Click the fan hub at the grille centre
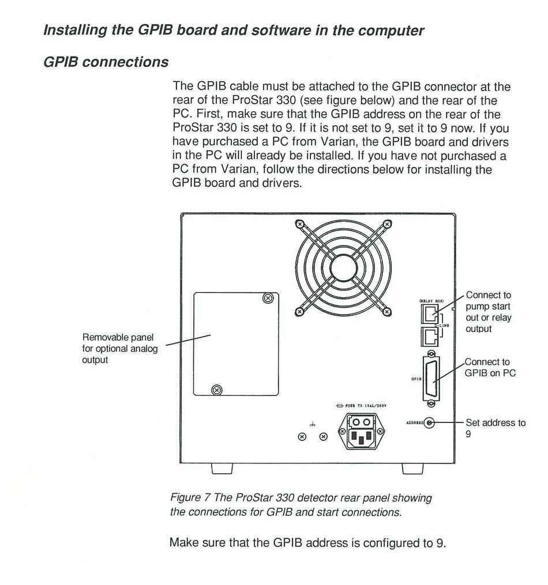coord(343,267)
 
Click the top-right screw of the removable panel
coord(267,297)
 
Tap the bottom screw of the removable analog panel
coord(217,390)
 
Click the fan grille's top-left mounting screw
coord(299,224)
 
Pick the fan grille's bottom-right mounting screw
coord(388,312)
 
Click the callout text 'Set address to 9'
coord(495,428)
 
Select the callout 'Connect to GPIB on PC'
coord(490,367)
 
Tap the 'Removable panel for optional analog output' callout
coord(119,348)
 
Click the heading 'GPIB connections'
coord(106,62)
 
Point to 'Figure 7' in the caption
coord(189,497)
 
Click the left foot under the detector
coord(222,469)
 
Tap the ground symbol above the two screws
coord(312,424)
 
